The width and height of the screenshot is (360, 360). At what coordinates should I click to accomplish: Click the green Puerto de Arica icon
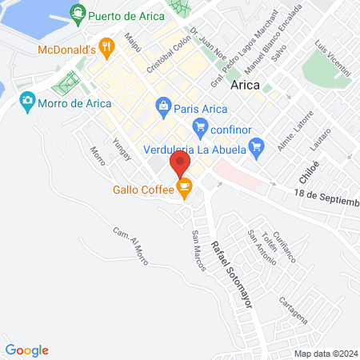78,13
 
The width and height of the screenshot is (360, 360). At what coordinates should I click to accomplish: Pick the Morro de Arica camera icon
28,100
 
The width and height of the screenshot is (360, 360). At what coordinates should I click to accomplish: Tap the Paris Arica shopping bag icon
163,105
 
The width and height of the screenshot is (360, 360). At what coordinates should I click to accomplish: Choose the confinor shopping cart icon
200,126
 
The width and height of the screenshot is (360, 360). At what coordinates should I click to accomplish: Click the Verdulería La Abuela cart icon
256,146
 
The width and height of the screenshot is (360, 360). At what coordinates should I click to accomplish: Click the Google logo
27,350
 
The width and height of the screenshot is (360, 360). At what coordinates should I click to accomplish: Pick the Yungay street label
121,150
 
